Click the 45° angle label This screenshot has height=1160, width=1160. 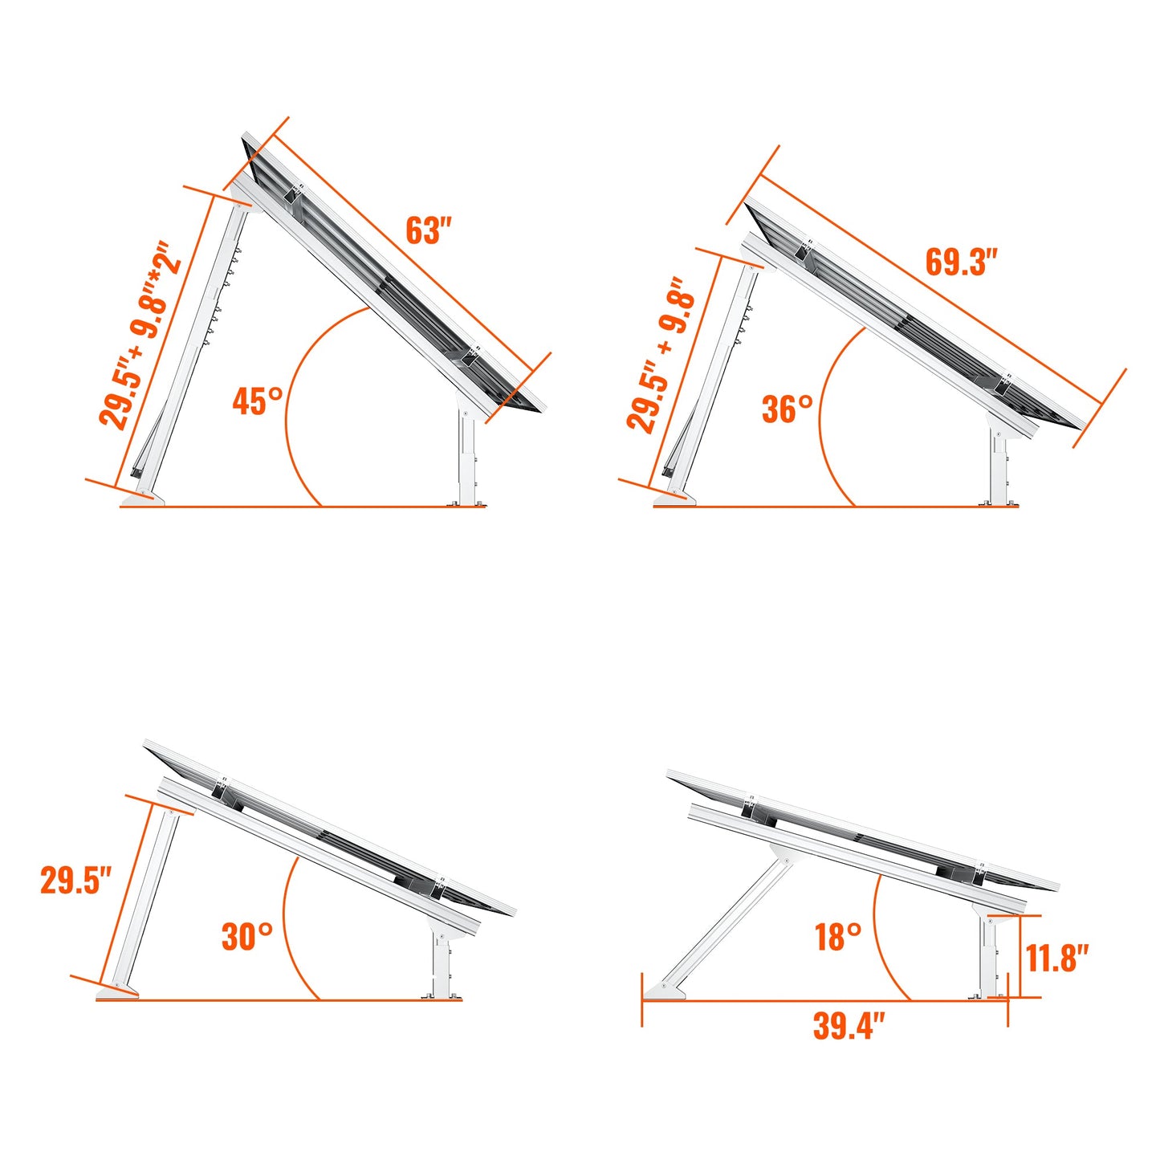point(258,401)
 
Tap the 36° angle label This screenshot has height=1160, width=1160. point(787,409)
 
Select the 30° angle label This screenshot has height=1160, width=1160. point(246,936)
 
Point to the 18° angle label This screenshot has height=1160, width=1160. point(838,937)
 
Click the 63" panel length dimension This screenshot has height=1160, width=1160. point(429,230)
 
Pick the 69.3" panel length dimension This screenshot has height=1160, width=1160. point(961,263)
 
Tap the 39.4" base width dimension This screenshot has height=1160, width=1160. point(849,1026)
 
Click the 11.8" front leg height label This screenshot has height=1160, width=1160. point(1056,958)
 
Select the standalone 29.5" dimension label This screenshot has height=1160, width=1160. point(75,880)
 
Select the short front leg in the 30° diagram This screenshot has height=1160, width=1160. point(441,963)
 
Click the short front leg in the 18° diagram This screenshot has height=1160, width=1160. point(988,955)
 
